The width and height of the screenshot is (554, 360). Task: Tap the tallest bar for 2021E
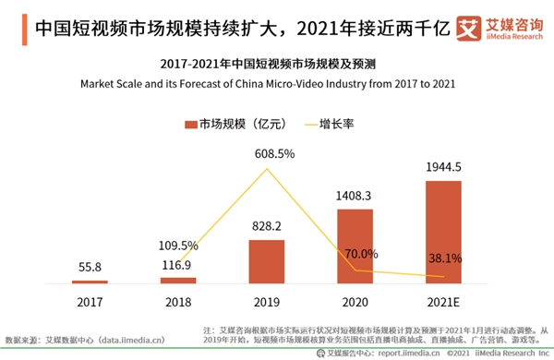tap(442, 232)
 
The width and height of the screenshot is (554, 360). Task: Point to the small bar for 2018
tap(178, 280)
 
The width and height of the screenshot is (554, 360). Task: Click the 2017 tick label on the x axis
tap(90, 301)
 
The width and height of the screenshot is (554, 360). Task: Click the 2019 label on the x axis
tap(267, 301)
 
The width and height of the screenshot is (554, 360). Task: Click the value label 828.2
tap(267, 224)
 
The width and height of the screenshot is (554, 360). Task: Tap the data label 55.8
tap(90, 266)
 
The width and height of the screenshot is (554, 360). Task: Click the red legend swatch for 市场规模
tap(191, 123)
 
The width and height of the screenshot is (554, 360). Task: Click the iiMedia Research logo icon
tap(468, 28)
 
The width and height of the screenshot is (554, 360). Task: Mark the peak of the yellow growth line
tap(267, 169)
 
